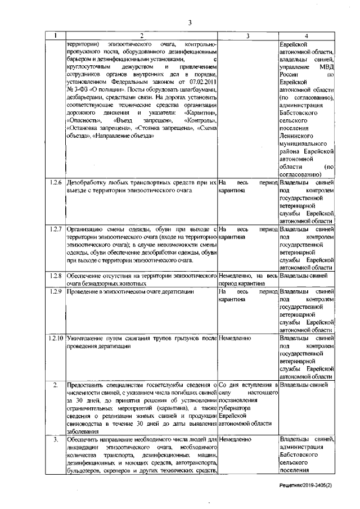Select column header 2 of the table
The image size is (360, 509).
[141, 36]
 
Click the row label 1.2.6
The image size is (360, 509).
[55, 184]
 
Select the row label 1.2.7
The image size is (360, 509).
[55, 230]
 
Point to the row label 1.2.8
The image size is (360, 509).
[55, 277]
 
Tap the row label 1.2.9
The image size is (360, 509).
[55, 292]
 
